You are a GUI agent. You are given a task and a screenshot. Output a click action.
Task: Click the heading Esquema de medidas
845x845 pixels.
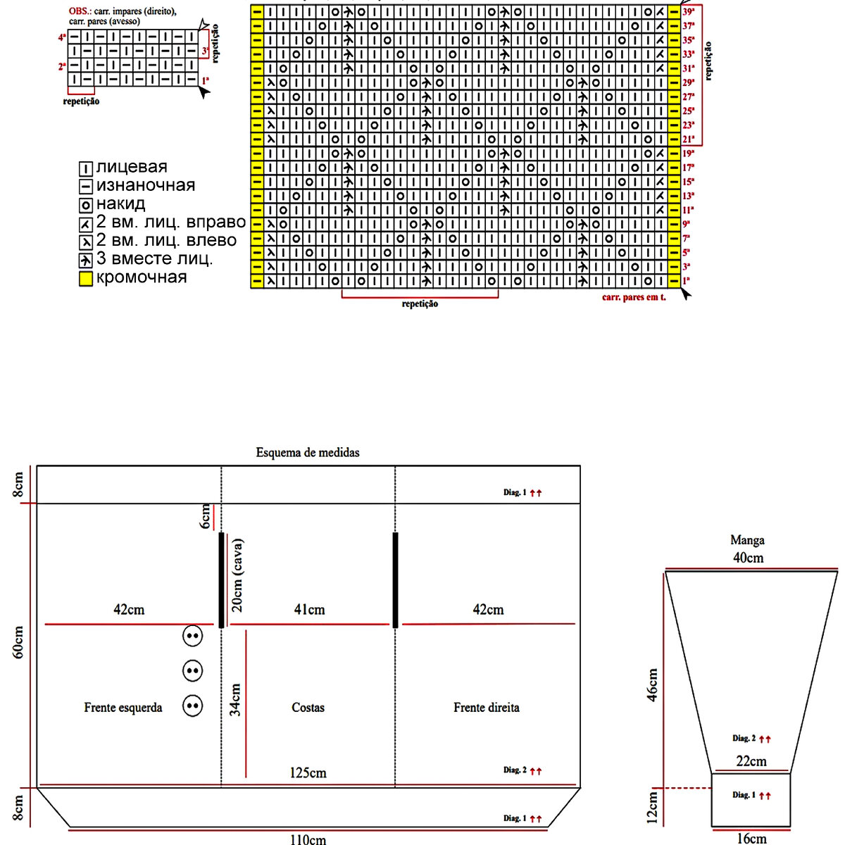(308, 452)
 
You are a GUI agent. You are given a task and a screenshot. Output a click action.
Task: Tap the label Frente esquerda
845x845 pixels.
(123, 708)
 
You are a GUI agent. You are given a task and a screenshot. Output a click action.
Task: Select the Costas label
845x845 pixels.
(308, 708)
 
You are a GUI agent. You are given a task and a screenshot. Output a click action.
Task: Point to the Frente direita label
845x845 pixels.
(487, 708)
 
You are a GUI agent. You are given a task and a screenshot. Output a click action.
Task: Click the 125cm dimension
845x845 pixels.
(308, 772)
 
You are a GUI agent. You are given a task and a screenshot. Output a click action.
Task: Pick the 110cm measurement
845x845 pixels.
(308, 839)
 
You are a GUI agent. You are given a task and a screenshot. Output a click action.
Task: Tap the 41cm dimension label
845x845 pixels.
(309, 610)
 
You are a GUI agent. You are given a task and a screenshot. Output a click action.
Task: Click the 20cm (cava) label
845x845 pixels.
(237, 575)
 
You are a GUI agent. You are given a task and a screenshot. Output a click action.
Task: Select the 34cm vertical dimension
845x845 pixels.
(236, 700)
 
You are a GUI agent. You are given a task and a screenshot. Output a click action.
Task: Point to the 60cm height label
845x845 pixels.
(19, 642)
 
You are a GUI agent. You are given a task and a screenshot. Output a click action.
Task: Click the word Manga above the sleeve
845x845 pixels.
(747, 541)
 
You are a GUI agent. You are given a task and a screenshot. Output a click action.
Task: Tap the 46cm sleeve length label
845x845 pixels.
(653, 684)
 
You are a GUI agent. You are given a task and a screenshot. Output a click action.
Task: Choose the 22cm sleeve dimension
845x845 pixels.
(751, 761)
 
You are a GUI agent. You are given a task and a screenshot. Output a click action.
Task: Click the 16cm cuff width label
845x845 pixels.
(751, 839)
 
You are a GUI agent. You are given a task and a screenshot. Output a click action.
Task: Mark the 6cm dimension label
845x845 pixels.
(206, 516)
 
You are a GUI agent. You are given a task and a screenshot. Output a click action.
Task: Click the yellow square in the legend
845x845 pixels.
(86, 279)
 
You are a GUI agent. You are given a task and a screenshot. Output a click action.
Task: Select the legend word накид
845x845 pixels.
(120, 204)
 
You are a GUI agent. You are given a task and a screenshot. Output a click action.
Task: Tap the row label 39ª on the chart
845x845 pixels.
(689, 12)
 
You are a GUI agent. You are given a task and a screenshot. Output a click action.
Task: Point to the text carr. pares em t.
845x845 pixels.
(634, 297)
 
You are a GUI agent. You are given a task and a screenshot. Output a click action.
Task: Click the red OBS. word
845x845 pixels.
(79, 12)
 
